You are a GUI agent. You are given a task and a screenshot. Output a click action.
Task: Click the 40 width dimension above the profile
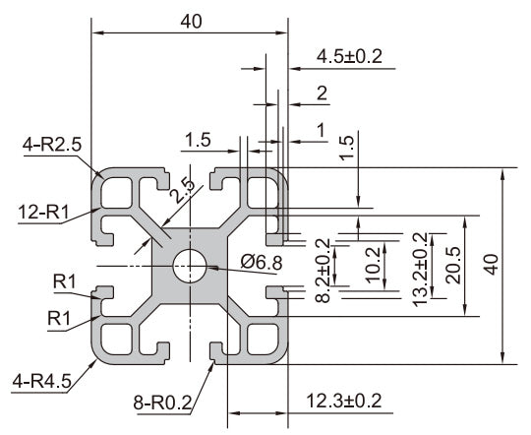coord(191,22)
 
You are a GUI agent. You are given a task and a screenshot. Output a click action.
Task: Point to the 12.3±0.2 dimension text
coord(344,401)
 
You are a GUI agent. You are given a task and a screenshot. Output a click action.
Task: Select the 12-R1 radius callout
coord(43,210)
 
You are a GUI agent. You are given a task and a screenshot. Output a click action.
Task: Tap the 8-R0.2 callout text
coord(163,402)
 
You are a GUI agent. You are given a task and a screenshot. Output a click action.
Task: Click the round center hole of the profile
coord(190,266)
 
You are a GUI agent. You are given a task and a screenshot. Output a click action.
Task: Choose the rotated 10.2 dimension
coord(372,264)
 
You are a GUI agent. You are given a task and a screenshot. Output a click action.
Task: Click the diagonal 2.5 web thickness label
coord(180,188)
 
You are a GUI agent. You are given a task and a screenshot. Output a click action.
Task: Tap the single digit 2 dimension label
coord(322,93)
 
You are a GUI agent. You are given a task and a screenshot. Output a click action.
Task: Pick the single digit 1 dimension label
coord(320,129)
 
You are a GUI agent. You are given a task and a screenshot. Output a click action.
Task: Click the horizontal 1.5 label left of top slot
coord(198,140)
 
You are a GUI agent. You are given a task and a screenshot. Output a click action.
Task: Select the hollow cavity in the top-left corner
coord(119,188)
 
